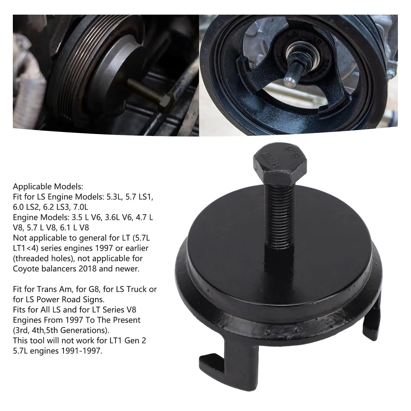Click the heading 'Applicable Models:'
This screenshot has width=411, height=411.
[48, 186]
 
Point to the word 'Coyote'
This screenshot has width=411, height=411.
[26, 269]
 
